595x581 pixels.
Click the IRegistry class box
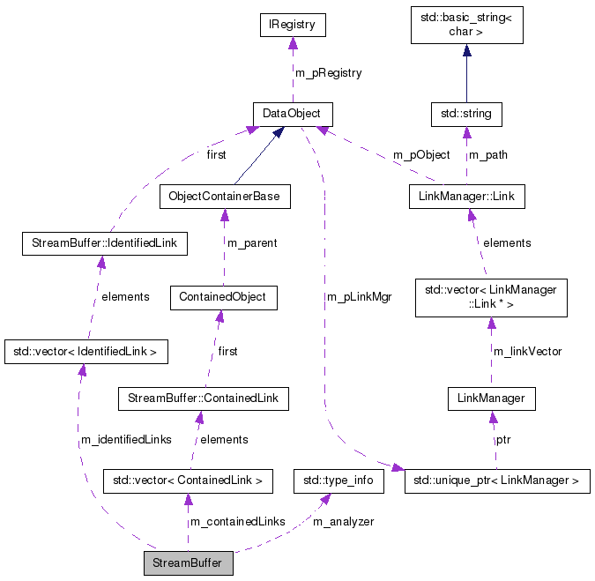[293, 25]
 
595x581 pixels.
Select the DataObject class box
[292, 114]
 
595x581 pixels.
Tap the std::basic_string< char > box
[467, 25]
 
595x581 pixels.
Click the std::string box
[466, 114]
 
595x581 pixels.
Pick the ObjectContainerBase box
[224, 196]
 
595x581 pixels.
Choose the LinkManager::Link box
[466, 196]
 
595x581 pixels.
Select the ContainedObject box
[223, 297]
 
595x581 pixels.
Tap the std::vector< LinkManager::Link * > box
[490, 297]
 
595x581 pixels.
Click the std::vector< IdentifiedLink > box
[86, 352]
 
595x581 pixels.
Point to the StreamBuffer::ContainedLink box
[203, 399]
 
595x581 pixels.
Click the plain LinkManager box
[491, 399]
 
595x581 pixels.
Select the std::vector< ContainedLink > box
[188, 480]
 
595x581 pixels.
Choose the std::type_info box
[338, 480]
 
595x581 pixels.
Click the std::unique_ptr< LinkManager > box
[496, 480]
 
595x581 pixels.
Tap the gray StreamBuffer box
[188, 562]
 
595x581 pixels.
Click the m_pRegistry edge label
[328, 73]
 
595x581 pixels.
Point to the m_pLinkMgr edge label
[359, 297]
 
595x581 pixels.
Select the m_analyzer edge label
[344, 522]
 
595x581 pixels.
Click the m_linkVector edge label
[527, 352]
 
